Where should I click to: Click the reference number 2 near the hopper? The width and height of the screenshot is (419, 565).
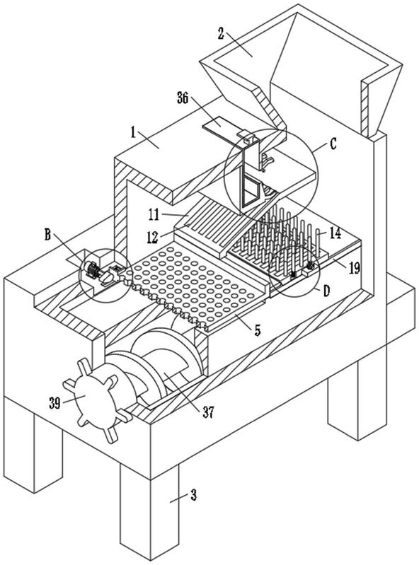(x=221, y=33)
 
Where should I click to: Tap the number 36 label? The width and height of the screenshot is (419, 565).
(x=183, y=98)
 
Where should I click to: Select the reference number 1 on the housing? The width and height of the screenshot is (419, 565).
(x=134, y=133)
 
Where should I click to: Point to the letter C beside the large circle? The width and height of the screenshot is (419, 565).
(x=333, y=144)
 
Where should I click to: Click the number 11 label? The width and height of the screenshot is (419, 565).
(x=154, y=215)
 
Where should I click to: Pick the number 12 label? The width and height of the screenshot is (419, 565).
(x=153, y=237)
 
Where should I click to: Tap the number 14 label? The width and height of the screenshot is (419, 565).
(x=335, y=233)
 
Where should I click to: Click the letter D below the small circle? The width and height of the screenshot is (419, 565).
(x=326, y=291)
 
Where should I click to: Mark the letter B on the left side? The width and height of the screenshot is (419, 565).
(x=47, y=235)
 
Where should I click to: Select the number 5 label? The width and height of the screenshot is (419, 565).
(x=257, y=330)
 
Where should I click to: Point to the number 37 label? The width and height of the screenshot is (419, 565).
(x=208, y=412)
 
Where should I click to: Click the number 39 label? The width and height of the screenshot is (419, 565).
(x=54, y=403)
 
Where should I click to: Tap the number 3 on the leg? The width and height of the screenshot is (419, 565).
(x=193, y=495)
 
